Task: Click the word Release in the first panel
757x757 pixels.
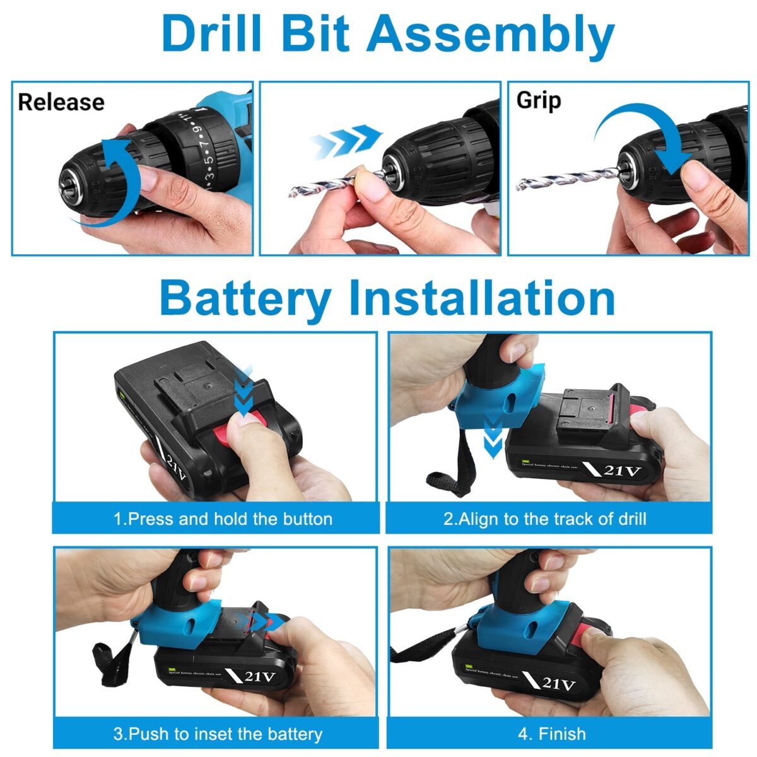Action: [61, 102]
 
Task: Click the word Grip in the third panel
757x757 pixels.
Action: [538, 101]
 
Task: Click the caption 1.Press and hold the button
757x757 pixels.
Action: [223, 519]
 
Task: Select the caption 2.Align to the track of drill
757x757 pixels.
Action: [544, 519]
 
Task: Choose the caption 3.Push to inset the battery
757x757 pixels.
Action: [218, 734]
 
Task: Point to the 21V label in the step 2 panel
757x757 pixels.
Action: [621, 471]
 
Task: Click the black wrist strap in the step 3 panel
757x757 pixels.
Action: [104, 662]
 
